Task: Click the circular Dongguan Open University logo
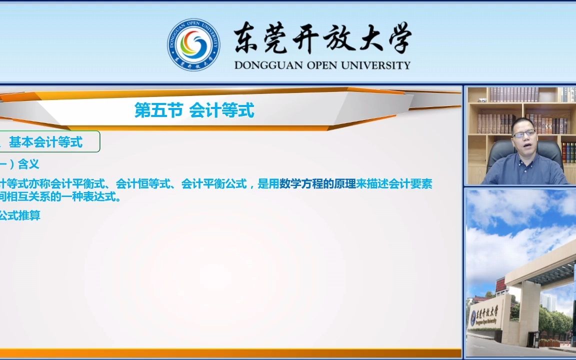point(193,44)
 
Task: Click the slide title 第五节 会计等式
point(194,110)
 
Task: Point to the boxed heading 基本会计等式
point(45,142)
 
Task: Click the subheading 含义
point(28,164)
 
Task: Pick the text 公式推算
point(20,216)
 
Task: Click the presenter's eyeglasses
point(523,133)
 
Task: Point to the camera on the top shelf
point(481,99)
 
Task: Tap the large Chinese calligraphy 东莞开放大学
point(322,38)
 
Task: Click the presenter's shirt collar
point(524,158)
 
